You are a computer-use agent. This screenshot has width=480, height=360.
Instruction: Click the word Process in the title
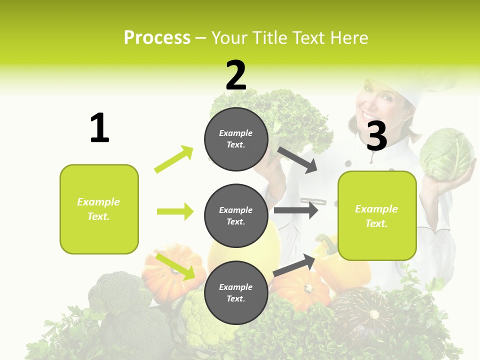157,38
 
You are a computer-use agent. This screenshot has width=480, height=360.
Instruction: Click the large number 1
99,128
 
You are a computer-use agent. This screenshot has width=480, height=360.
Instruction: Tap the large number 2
236,75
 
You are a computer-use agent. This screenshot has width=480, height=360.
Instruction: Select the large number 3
376,135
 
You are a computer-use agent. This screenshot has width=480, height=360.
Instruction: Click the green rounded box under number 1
99,209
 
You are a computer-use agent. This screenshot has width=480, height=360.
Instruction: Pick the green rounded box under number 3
377,215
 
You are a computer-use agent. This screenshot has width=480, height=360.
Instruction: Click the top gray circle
236,139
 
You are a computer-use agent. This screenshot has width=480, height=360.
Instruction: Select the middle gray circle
236,215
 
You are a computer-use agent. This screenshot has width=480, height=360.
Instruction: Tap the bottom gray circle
236,292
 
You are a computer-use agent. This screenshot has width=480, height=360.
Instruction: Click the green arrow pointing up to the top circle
174,159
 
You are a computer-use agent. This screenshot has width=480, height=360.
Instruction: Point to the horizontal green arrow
175,211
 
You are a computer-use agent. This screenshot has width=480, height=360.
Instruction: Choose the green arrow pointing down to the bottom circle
175,266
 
